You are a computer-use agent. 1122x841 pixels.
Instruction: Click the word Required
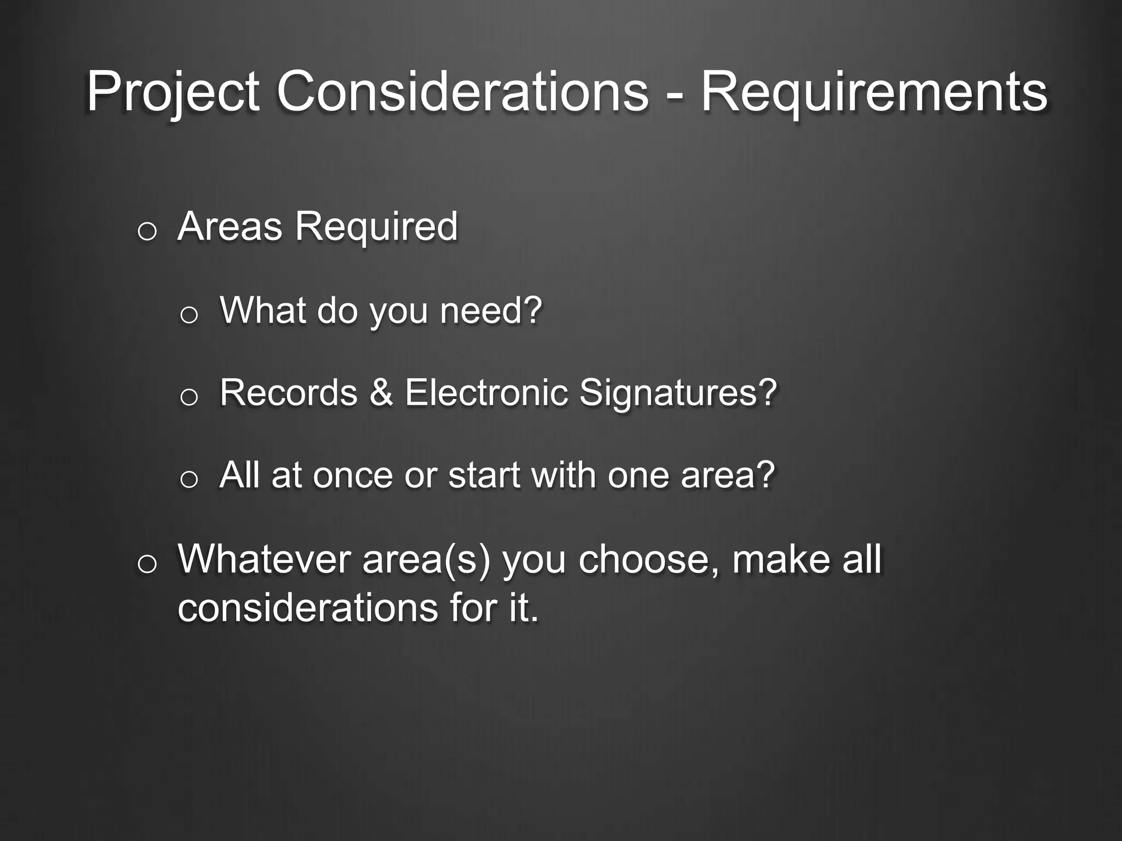point(376,227)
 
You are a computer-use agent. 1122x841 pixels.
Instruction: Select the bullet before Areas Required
point(147,232)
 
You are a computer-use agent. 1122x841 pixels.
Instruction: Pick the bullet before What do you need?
point(188,315)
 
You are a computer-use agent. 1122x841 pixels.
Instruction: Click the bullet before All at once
point(188,480)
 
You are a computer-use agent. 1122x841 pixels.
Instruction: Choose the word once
point(353,475)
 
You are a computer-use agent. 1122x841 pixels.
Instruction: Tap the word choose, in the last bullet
point(649,560)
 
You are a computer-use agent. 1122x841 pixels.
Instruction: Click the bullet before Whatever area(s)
point(147,564)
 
